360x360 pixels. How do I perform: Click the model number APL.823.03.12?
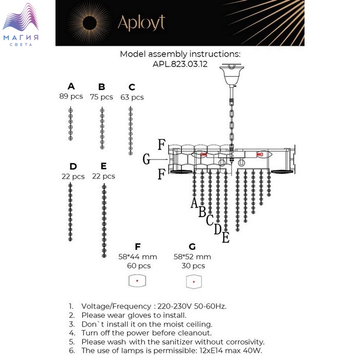point(180,64)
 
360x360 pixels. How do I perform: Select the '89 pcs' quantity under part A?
point(71,96)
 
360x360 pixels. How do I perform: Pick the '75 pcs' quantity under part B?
point(101,97)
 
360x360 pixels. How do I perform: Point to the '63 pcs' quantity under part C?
point(132,97)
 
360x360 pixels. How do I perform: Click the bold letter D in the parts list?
point(73,166)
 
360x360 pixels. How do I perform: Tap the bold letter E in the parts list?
point(103,166)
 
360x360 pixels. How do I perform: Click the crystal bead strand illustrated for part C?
point(131,131)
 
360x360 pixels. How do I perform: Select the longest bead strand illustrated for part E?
point(104,220)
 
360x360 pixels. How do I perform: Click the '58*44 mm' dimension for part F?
point(137,257)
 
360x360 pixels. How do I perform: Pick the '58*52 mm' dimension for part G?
point(192,257)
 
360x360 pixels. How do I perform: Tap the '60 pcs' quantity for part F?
point(139,266)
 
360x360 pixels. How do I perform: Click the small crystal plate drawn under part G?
point(193,281)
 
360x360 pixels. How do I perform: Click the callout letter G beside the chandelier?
point(147,160)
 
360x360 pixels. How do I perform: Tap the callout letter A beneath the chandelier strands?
point(194,203)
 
